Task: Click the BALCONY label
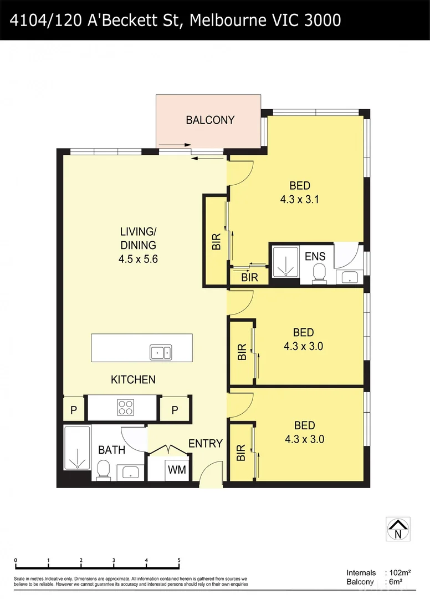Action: (210, 120)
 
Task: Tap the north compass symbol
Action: (398, 529)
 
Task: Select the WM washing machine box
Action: (177, 470)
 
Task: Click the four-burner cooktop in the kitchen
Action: (125, 408)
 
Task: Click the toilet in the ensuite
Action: (319, 273)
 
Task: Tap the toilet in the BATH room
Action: (103, 471)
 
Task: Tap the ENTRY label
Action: (205, 444)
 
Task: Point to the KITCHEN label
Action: (133, 380)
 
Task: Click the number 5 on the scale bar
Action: (179, 560)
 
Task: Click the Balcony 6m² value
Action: (395, 582)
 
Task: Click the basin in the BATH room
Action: (130, 472)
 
